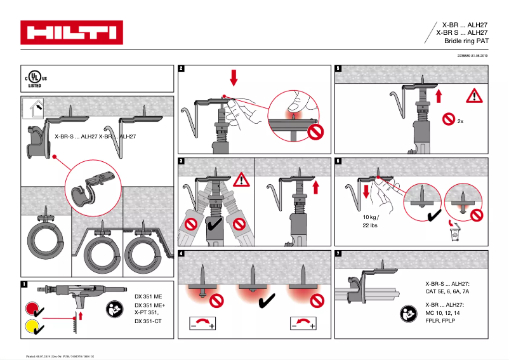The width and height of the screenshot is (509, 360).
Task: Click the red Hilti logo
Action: pos(71,32)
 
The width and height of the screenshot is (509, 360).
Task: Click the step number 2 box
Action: pos(182,69)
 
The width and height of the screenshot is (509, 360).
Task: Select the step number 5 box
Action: pos(338,69)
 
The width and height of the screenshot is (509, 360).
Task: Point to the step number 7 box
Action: pos(338,254)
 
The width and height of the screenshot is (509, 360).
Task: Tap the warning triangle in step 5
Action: pos(473,97)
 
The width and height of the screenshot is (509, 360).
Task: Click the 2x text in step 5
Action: pos(461,120)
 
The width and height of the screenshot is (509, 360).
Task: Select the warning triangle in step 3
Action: pos(241,180)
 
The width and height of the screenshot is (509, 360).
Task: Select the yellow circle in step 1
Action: pos(30,327)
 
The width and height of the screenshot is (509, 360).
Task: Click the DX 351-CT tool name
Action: pos(149,321)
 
